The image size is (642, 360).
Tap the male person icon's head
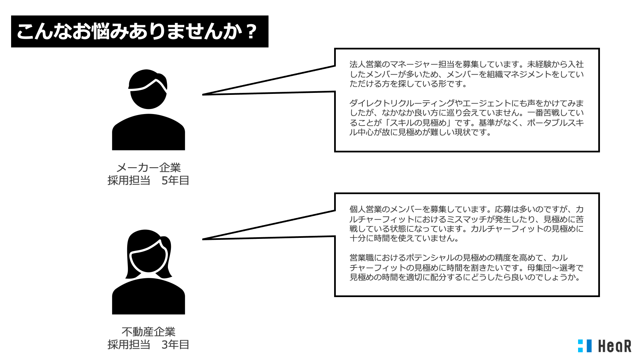click(x=148, y=89)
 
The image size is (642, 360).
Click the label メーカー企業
click(x=148, y=168)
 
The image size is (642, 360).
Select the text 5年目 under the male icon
click(x=175, y=181)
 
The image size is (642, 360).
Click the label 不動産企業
click(x=148, y=332)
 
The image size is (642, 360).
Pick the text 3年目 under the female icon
click(x=175, y=345)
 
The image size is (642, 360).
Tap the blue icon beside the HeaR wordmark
click(x=584, y=346)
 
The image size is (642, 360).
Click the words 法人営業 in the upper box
click(x=365, y=64)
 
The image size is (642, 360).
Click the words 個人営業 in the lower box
click(x=365, y=209)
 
